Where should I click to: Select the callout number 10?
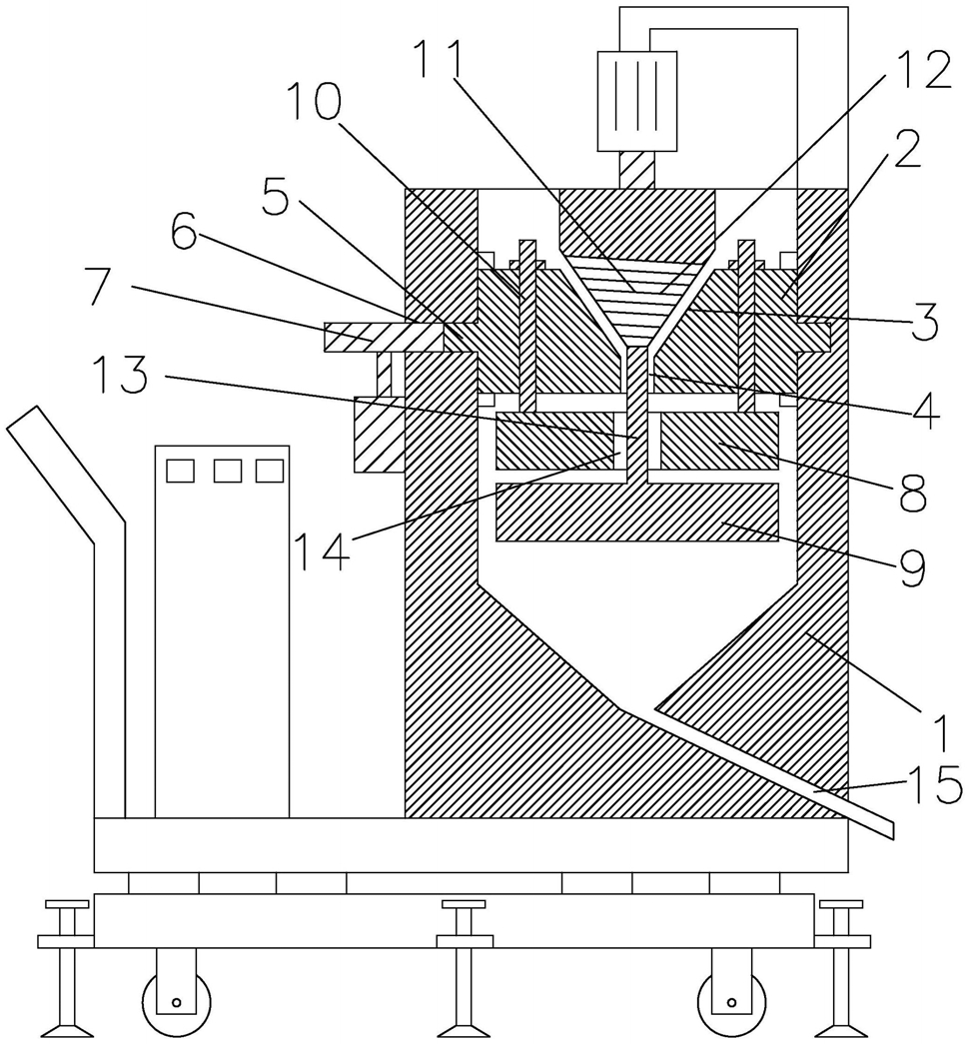[x=315, y=103]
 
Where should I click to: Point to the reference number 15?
[x=936, y=783]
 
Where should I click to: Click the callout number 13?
[x=120, y=374]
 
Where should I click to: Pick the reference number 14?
[x=321, y=551]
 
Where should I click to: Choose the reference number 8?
[x=911, y=493]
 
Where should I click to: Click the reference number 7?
[x=108, y=286]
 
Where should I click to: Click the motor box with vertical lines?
[x=637, y=101]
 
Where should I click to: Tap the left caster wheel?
[x=177, y=1001]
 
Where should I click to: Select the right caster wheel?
[x=731, y=1001]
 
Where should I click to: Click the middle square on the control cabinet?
[x=228, y=471]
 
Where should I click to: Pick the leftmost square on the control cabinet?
[x=180, y=471]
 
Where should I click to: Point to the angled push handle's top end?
[x=23, y=419]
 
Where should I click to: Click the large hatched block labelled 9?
[x=637, y=512]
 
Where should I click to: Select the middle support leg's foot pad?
[x=465, y=1031]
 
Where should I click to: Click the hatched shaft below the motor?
[x=637, y=169]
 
